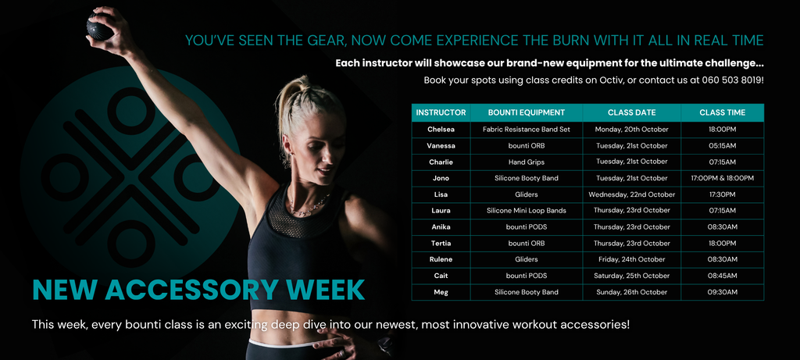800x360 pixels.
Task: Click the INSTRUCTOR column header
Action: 441,112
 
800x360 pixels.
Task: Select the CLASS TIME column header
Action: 722,112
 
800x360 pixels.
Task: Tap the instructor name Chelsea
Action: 441,130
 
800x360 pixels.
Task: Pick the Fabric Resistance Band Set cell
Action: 526,130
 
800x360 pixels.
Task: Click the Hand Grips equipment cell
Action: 526,162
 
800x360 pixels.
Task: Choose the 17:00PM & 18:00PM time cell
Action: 722,178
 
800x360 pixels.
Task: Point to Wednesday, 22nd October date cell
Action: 631,194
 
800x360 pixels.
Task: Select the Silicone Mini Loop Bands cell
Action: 526,211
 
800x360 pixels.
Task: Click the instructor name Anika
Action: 441,227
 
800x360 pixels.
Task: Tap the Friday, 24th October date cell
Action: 631,259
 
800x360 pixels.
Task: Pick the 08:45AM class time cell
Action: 722,276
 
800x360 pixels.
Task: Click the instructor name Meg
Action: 441,292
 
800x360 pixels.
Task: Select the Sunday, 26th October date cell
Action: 631,292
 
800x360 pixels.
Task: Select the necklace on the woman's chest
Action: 309,205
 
